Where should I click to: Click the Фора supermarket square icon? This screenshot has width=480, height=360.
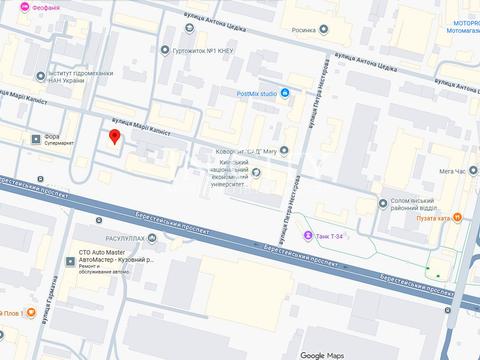[37, 139]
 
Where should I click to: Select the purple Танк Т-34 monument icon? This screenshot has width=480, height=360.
[307, 235]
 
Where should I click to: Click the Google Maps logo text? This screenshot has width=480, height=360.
[327, 354]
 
